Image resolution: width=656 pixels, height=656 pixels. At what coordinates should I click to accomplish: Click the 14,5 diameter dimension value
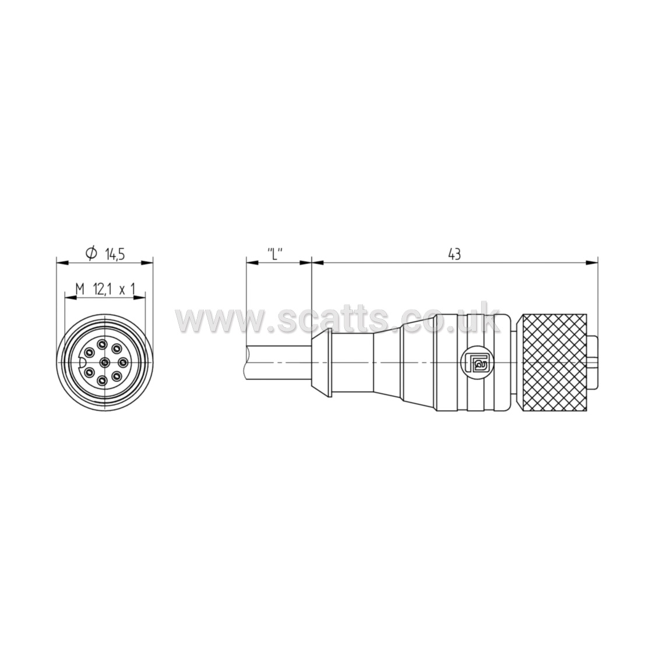(x=115, y=254)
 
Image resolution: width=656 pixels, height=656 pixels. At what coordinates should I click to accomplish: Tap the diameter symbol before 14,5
(x=91, y=253)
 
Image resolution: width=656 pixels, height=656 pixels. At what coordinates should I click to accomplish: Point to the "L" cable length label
(x=275, y=253)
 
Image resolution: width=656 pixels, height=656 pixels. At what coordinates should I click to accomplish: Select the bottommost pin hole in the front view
(x=103, y=380)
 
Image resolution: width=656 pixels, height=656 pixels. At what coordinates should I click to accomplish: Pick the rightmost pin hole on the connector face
(x=122, y=361)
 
